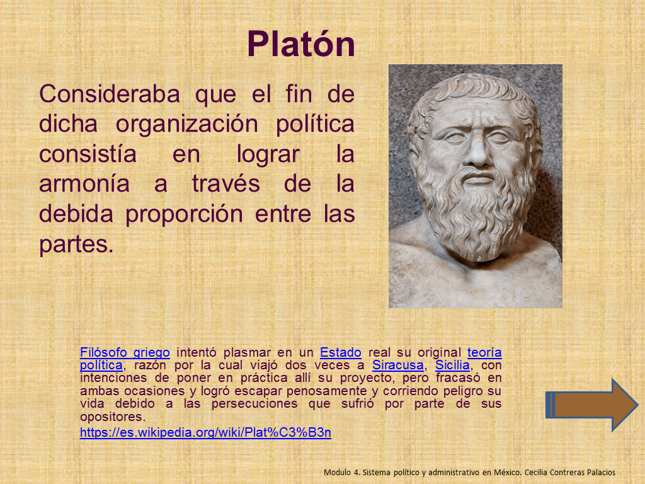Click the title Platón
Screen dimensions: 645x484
[x=300, y=45]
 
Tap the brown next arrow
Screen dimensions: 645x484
[x=591, y=405]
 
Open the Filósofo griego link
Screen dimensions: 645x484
[x=125, y=353]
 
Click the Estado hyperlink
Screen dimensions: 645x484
[x=341, y=353]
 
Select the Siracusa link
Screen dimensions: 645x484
[x=398, y=366]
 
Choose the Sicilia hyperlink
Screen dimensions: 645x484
[x=452, y=366]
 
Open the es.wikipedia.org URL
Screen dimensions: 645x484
[x=205, y=432]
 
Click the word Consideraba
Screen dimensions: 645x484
[x=110, y=94]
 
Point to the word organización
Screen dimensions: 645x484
[x=186, y=125]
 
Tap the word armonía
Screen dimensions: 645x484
[x=84, y=184]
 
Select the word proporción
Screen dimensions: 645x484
[x=184, y=215]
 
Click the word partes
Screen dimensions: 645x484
[x=76, y=245]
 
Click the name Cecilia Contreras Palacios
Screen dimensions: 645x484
[x=569, y=473]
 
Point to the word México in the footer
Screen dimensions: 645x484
[x=506, y=473]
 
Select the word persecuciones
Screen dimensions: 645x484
[x=254, y=404]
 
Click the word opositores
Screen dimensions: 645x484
[x=113, y=417]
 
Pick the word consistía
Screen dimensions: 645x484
[x=88, y=154]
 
